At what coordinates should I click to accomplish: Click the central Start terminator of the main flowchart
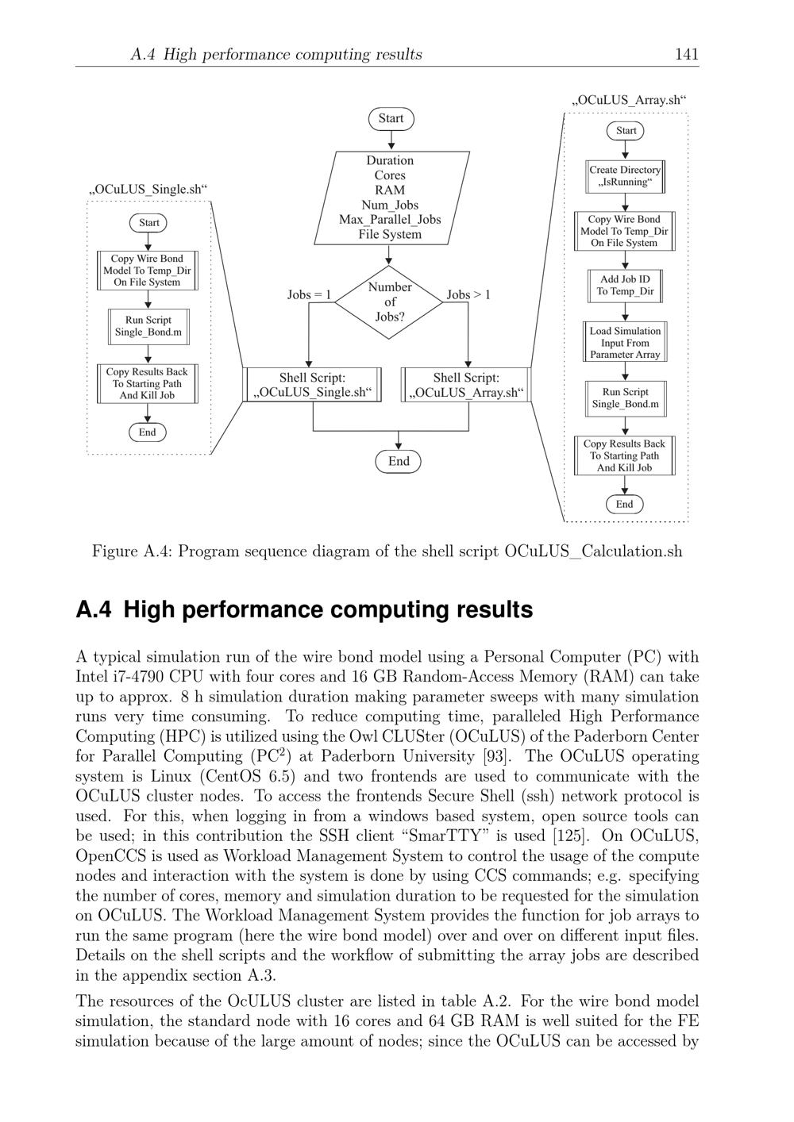pos(391,119)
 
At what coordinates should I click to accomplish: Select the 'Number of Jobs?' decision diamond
pos(389,302)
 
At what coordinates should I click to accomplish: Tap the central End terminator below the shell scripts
pos(399,462)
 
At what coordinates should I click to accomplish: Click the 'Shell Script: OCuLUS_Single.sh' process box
pos(312,385)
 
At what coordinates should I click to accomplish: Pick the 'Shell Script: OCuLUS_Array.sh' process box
pos(466,385)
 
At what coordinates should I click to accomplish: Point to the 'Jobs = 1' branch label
pos(309,295)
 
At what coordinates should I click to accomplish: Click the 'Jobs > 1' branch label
pos(468,295)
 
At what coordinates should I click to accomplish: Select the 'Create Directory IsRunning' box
pos(625,176)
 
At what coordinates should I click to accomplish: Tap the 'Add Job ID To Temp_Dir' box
pos(625,286)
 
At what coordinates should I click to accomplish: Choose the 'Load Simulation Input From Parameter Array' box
pos(625,343)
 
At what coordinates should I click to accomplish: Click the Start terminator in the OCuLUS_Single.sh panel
pos(148,223)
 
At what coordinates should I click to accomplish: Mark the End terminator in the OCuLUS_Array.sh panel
pos(625,505)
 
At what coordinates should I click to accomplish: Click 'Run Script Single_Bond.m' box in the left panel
pos(148,326)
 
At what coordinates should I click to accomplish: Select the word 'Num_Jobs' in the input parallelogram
pos(390,205)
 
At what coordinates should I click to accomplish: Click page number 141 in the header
pos(686,54)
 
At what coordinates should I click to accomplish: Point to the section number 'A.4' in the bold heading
pos(94,610)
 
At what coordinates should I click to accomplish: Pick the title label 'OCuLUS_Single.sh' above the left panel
pos(148,190)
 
